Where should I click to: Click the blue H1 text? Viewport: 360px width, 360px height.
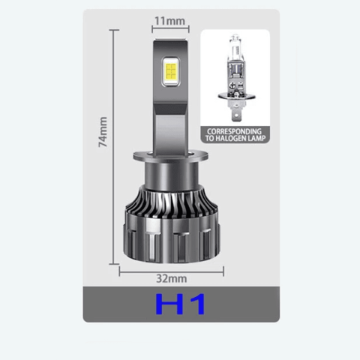(x=180, y=304)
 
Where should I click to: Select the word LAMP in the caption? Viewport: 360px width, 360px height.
(x=256, y=139)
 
